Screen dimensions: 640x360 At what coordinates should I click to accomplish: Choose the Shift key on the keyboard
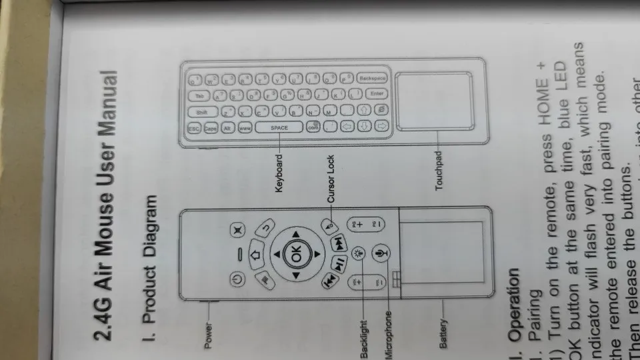coord(201,111)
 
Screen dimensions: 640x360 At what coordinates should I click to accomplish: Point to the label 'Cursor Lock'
coord(331,179)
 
